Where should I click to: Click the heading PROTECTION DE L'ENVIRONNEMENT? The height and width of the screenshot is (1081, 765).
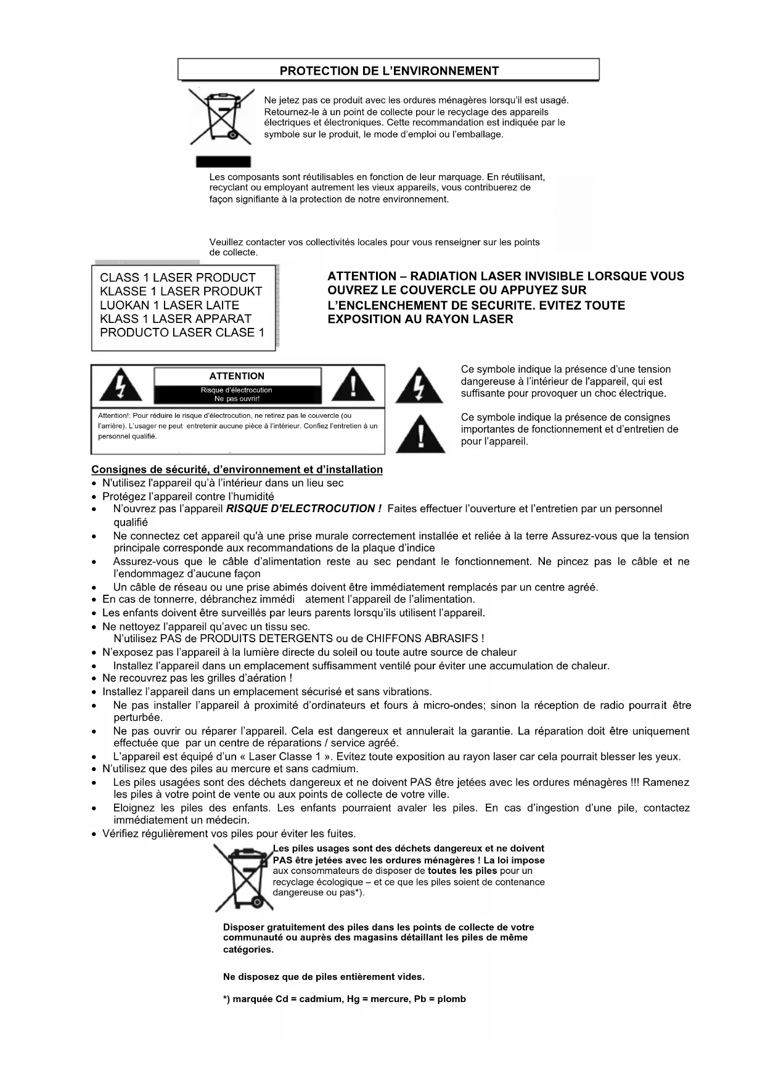point(389,71)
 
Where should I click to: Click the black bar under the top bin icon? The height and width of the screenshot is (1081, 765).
point(223,161)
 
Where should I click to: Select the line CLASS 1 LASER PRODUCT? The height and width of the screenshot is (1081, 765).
point(178,278)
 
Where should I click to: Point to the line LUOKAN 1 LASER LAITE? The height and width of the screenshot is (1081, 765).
point(170,305)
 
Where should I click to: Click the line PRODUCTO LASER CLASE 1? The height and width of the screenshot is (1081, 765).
point(182,333)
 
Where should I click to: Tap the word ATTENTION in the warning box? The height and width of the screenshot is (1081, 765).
point(237,376)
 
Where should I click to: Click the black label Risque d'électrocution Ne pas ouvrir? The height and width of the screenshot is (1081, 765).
point(237,394)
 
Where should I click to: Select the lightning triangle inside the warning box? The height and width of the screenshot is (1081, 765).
point(120,386)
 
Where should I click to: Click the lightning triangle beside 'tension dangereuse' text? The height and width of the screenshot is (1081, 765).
point(419,386)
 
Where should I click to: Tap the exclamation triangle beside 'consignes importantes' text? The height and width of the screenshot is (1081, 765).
point(420,434)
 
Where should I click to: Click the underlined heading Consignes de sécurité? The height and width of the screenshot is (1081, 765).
point(237,470)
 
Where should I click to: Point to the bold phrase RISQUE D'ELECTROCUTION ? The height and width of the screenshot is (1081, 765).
point(304,509)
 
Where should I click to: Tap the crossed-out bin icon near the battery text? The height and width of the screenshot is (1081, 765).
point(243,878)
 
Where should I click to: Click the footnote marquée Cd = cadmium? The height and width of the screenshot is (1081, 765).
point(344,999)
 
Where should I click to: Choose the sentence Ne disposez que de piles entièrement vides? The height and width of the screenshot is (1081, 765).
point(324,977)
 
